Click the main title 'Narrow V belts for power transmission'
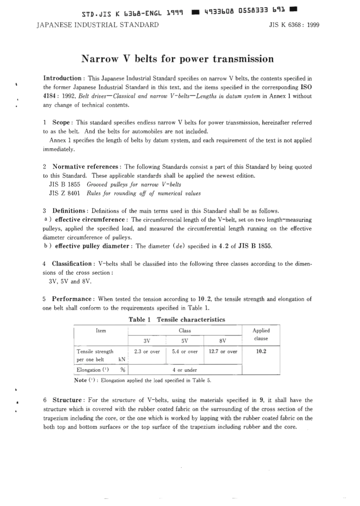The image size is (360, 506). coord(177,59)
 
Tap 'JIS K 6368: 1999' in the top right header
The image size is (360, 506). coord(294,25)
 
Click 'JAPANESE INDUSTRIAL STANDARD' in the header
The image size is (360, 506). coord(97,25)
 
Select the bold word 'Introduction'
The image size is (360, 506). coord(62,78)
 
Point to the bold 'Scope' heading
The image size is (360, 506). coord(61,122)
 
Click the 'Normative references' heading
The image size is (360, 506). coord(85,167)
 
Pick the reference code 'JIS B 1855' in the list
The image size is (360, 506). coord(64,185)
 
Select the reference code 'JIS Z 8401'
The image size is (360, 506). coord(64,193)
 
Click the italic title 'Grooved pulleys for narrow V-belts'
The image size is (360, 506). coord(134,185)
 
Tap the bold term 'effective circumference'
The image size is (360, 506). coord(89,220)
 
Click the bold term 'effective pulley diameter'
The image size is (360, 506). coord(92,246)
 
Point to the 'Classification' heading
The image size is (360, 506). coord(72,264)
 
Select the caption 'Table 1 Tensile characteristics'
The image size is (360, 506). coord(177,320)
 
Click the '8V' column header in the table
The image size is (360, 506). coord(222,340)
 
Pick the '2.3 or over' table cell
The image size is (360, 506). coord(147,352)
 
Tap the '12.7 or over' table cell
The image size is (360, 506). coord(223,352)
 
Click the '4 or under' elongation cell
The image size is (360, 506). coord(185,370)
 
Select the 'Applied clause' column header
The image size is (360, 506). coord(261,334)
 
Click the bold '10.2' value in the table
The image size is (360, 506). coord(261,351)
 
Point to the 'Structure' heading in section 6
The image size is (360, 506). coord(67,400)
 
